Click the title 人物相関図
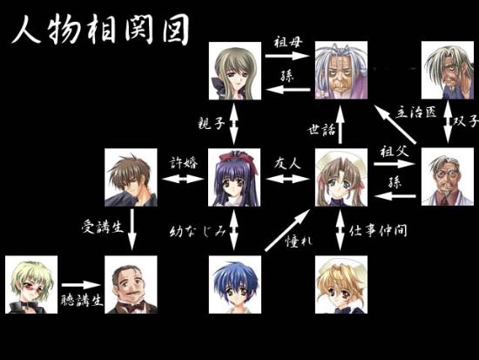click(x=101, y=29)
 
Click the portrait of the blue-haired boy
click(x=235, y=284)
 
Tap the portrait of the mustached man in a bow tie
click(x=131, y=284)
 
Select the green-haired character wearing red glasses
click(x=31, y=284)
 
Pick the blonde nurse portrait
click(x=341, y=284)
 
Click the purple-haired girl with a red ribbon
click(x=234, y=178)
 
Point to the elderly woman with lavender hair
click(x=341, y=71)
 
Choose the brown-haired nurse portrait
click(x=341, y=178)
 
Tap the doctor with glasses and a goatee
click(x=448, y=177)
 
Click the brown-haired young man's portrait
click(x=131, y=178)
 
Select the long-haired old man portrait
click(x=448, y=71)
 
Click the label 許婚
click(x=184, y=162)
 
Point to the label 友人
click(x=287, y=164)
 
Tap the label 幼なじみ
click(x=198, y=232)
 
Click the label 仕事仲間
click(x=378, y=231)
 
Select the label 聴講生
click(x=82, y=301)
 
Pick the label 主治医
click(x=416, y=112)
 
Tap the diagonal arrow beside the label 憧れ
click(x=287, y=230)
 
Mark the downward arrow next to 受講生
click(x=132, y=229)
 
